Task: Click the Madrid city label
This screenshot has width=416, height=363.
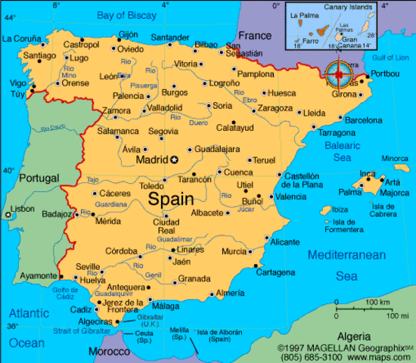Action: [x=151, y=160]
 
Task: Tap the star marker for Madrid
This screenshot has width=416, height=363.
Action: [x=174, y=160]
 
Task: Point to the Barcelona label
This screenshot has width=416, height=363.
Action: [x=364, y=119]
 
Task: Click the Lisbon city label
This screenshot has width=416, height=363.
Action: [x=22, y=208]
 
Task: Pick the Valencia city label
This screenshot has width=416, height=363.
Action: [x=290, y=197]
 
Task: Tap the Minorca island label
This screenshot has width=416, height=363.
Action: [x=394, y=158]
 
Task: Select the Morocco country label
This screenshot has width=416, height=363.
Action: [x=109, y=352]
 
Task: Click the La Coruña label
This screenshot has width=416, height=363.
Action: [x=22, y=38]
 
